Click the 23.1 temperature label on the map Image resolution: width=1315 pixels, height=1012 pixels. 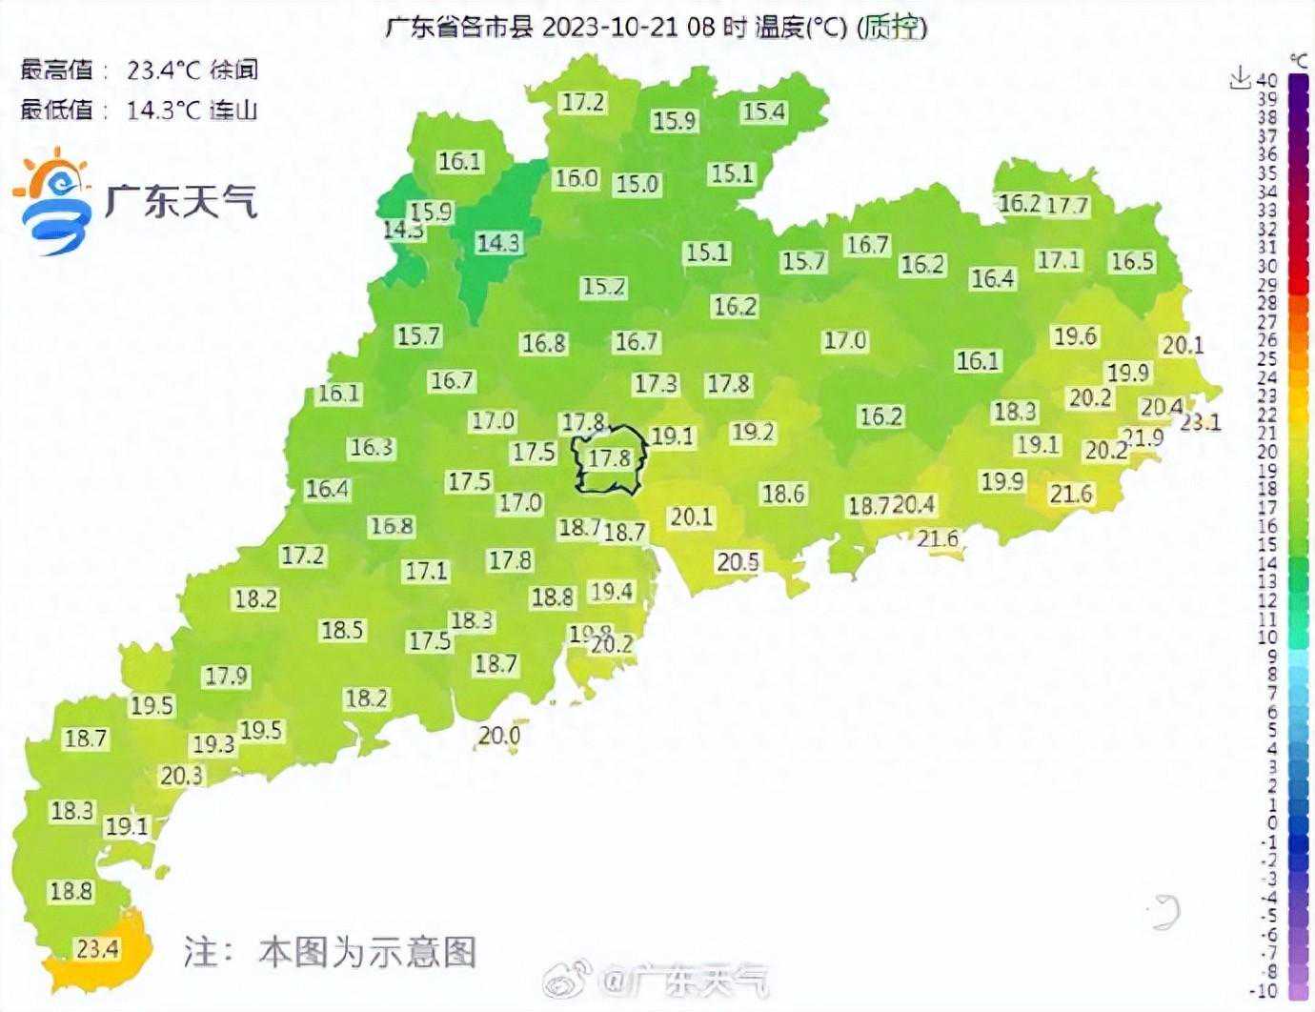[1201, 420]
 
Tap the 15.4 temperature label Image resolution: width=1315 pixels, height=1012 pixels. [763, 111]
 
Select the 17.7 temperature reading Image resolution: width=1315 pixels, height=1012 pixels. [1067, 205]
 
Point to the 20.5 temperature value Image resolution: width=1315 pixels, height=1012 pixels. [738, 562]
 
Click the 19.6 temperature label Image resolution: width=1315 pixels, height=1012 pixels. [1074, 335]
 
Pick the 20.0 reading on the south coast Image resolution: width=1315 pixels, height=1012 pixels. [499, 735]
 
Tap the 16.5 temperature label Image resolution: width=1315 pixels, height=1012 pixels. [1132, 261]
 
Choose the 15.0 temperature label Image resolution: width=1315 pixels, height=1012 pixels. [637, 183]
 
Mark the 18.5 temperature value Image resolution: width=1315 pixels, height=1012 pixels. [342, 630]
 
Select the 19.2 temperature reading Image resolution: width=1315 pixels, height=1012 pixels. [753, 432]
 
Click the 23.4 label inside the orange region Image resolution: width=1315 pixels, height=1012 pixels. [97, 948]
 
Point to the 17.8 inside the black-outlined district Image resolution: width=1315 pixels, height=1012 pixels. [610, 458]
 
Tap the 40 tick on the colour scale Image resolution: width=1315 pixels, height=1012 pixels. [1266, 80]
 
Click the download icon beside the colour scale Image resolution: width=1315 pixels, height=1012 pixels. [1239, 78]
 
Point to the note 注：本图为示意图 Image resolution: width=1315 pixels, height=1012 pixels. [330, 951]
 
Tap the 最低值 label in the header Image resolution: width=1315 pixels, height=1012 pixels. [57, 110]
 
